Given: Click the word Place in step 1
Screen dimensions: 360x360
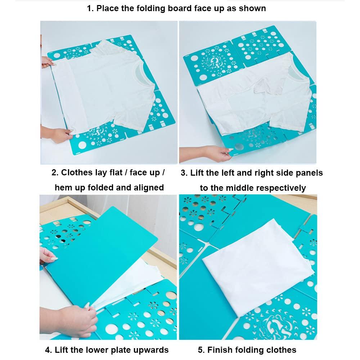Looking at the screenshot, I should (x=110, y=8).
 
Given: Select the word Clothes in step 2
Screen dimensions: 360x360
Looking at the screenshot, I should (x=76, y=172).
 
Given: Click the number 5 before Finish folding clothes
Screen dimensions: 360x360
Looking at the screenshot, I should (x=200, y=350).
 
